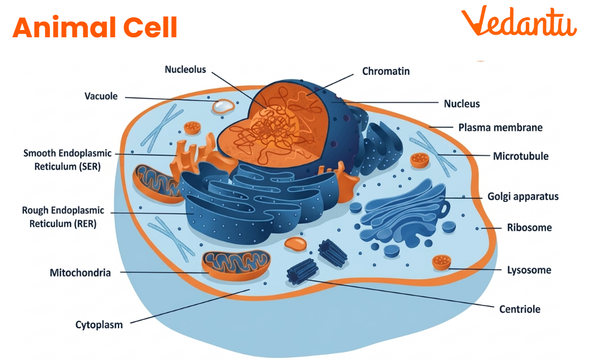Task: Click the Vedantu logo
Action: click(518, 23)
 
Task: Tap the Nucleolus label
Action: click(185, 70)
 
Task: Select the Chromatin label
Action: click(386, 71)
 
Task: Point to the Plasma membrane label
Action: click(500, 127)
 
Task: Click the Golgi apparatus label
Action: click(523, 196)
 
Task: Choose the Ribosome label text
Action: click(529, 228)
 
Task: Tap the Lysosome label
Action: click(529, 270)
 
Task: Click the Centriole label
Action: click(519, 309)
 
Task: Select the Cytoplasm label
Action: click(99, 324)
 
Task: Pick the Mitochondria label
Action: click(80, 273)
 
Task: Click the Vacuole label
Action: click(101, 96)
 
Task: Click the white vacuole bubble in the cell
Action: click(223, 106)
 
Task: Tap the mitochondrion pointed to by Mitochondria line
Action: click(236, 264)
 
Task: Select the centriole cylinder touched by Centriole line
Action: click(302, 272)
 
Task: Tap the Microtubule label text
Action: click(520, 156)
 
